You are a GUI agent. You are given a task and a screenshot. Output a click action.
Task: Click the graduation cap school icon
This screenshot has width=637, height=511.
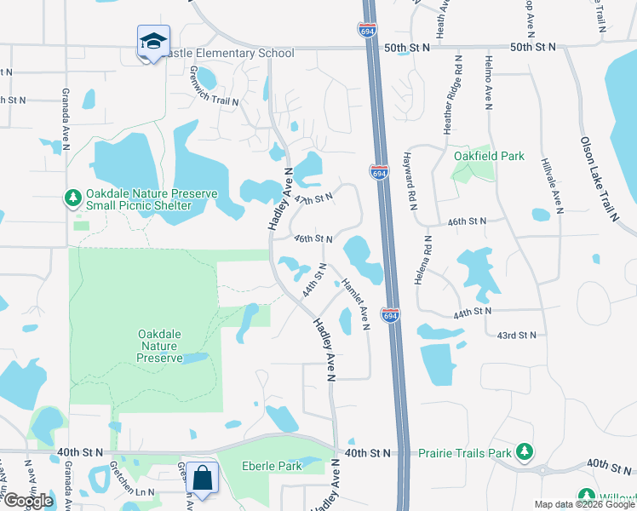click(x=153, y=41)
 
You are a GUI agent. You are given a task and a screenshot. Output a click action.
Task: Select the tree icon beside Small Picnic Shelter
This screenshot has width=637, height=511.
click(x=73, y=198)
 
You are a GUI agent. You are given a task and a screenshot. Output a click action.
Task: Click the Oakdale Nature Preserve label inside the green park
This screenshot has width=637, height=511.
click(x=160, y=346)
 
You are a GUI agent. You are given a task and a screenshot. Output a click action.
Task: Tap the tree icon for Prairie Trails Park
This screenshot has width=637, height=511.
click(x=525, y=451)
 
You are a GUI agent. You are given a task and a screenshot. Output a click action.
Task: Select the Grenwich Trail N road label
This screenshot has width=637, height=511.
click(x=214, y=88)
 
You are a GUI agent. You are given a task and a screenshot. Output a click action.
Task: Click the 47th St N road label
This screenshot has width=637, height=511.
click(x=312, y=198)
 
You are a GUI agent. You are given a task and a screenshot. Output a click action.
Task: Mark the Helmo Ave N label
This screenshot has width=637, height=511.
click(x=489, y=82)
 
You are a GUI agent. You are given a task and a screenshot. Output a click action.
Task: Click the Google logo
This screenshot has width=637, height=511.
click(x=27, y=501)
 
